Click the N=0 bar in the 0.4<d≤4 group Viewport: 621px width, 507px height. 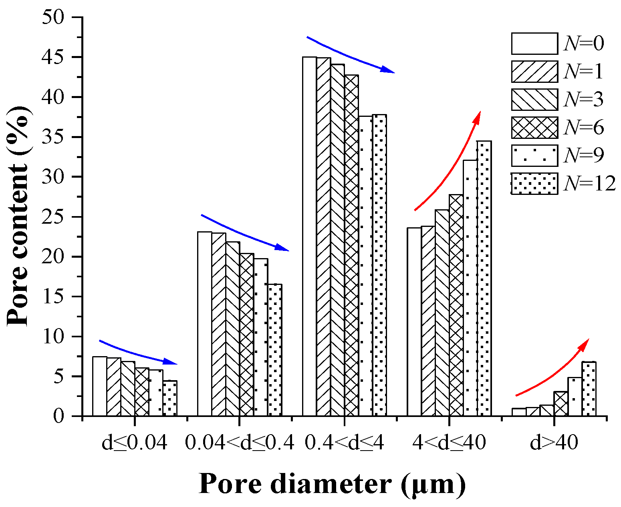[309, 236]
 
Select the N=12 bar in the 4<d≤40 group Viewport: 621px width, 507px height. [484, 278]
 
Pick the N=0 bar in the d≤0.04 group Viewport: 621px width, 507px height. [100, 386]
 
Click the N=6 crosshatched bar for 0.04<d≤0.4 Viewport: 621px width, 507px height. [247, 335]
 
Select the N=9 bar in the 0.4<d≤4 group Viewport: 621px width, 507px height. [365, 266]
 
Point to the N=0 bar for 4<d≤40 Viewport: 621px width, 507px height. [414, 322]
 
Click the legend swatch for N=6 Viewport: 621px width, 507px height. [534, 128]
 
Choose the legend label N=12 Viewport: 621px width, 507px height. [589, 184]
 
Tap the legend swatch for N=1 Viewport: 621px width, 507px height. [534, 72]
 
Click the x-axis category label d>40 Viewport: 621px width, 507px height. [554, 443]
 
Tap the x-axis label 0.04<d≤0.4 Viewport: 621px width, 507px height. [240, 443]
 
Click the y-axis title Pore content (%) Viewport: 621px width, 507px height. [18, 216]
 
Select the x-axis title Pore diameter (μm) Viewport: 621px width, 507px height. [332, 484]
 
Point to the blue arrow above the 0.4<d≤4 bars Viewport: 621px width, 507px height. [349, 56]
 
